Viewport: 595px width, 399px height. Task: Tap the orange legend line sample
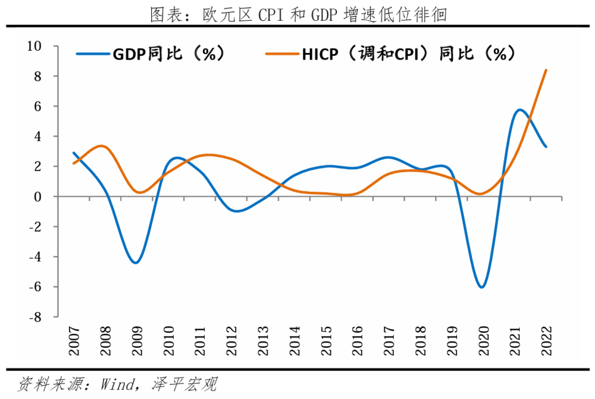[282, 54]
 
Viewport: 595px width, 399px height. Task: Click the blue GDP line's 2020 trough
[481, 287]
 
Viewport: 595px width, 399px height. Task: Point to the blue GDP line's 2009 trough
[136, 263]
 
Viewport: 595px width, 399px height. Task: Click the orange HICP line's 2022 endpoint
[546, 70]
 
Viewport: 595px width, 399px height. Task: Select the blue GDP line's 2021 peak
[519, 110]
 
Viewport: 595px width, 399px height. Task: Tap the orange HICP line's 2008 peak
[102, 146]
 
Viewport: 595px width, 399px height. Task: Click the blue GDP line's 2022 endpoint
[546, 146]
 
